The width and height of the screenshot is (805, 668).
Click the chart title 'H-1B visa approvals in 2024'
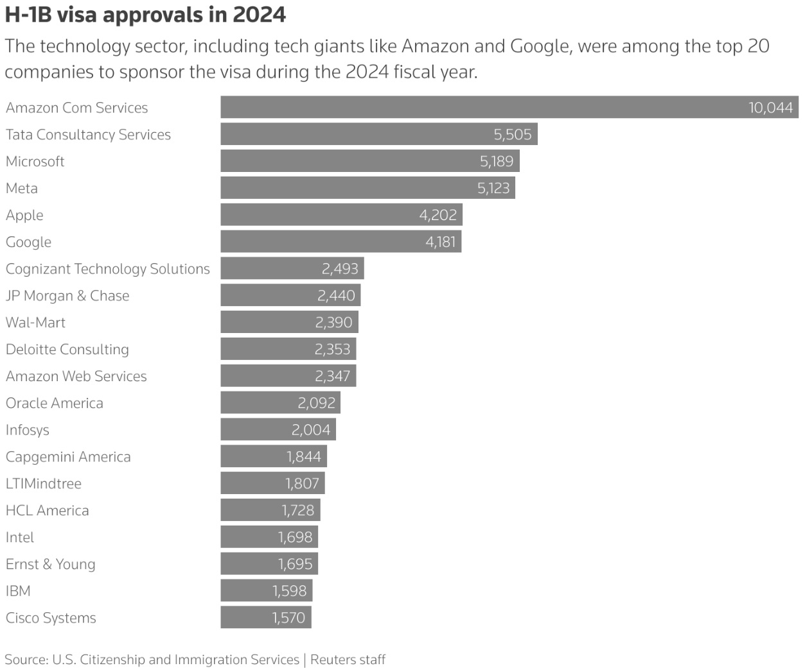[x=145, y=15]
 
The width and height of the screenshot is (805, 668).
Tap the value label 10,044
[x=770, y=108]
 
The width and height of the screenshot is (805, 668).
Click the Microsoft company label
[x=35, y=162]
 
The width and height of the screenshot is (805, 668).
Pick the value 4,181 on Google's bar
[x=441, y=242]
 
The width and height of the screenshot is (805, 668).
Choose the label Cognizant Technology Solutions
[x=108, y=269]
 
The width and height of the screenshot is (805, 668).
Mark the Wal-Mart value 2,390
[x=333, y=323]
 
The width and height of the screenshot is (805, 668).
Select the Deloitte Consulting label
[x=67, y=350]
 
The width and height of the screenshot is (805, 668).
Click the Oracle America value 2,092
[x=317, y=403]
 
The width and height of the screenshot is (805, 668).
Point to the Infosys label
[x=28, y=430]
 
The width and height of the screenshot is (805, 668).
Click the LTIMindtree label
[x=44, y=484]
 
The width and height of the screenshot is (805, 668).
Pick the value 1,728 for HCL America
[x=298, y=511]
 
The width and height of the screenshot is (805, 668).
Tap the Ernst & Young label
[x=51, y=564]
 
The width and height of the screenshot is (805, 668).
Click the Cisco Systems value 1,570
[x=288, y=618]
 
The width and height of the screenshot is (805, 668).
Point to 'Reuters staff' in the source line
[x=348, y=660]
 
